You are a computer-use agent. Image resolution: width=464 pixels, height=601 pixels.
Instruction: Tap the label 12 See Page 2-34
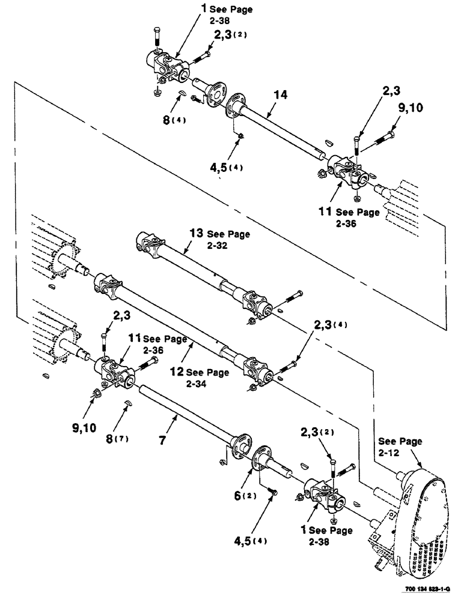coord(199,377)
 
